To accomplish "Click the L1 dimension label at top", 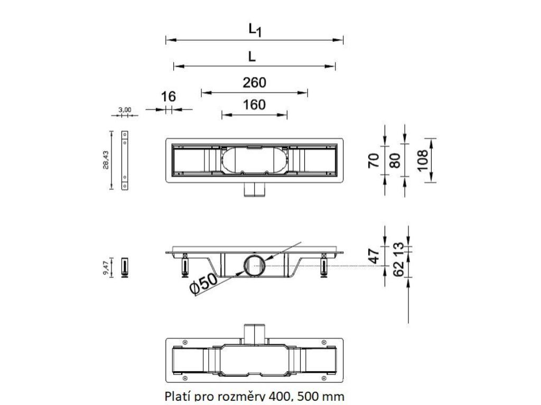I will pyautogui.click(x=255, y=31).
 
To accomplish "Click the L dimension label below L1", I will pyautogui.click(x=252, y=56).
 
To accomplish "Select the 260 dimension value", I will pyautogui.click(x=254, y=83).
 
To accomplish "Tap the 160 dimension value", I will pyautogui.click(x=254, y=104).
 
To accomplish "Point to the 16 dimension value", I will pyautogui.click(x=168, y=97).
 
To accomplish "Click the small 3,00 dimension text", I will pyautogui.click(x=125, y=110).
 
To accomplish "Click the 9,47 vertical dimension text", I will pyautogui.click(x=106, y=268).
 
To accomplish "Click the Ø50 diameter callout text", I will pyautogui.click(x=203, y=283).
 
